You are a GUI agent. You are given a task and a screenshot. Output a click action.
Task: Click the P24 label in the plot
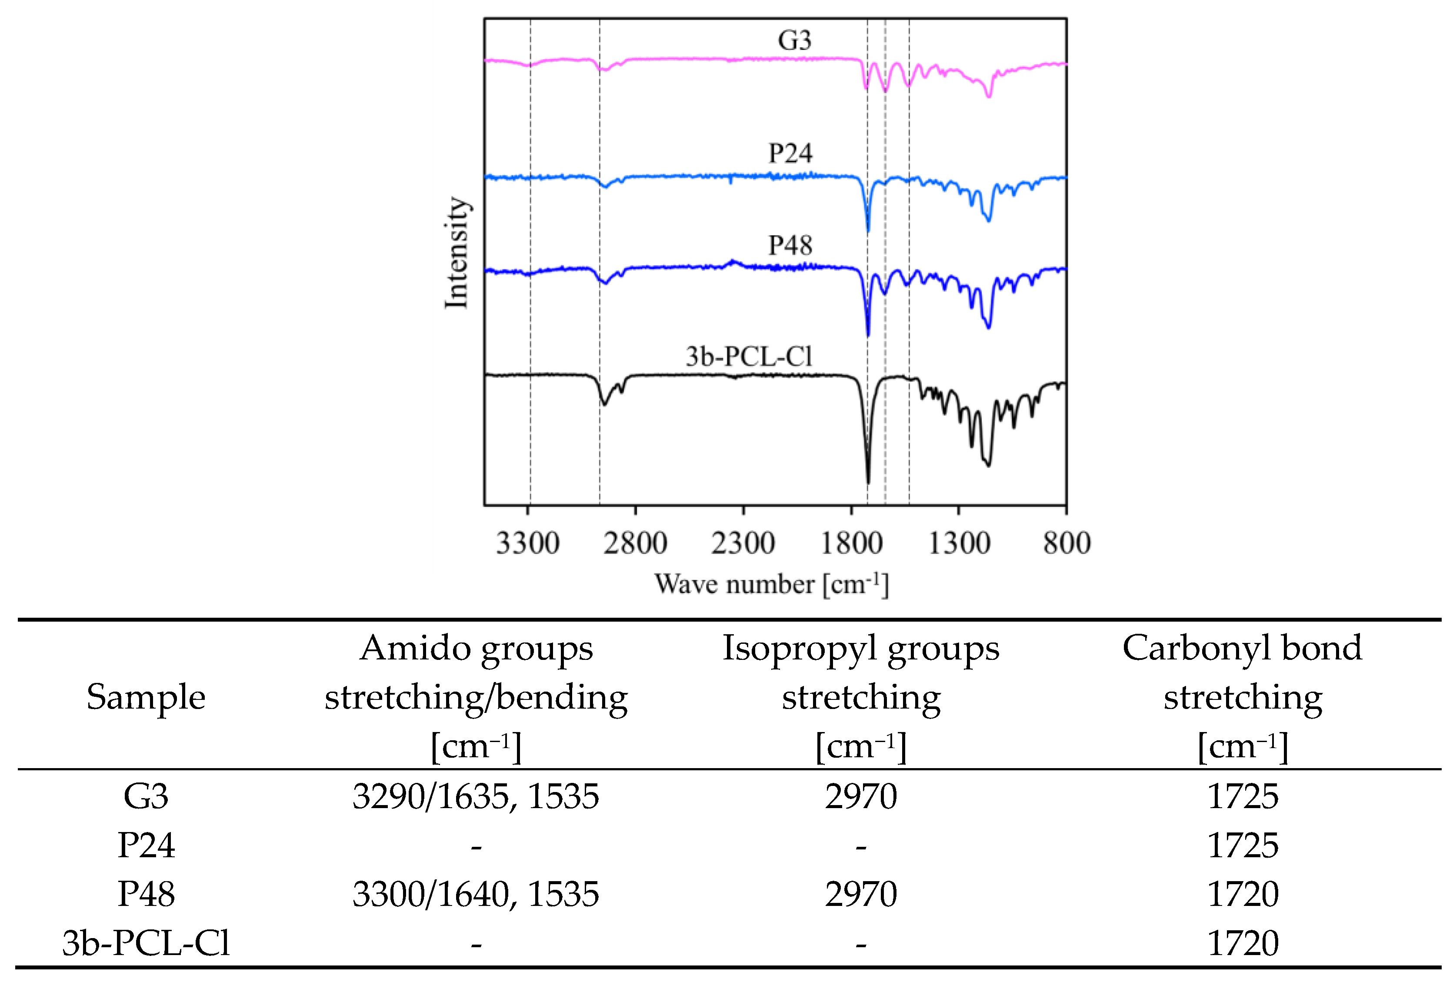(x=790, y=153)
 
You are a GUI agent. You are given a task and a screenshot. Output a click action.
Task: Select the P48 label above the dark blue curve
(x=790, y=245)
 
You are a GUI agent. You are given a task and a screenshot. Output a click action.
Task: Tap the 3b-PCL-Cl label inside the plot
(x=749, y=356)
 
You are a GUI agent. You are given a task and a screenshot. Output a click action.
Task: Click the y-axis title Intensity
(x=457, y=253)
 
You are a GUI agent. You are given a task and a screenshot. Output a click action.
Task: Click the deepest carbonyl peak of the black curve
(x=868, y=481)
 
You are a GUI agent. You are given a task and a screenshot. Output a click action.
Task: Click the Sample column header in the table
(x=146, y=697)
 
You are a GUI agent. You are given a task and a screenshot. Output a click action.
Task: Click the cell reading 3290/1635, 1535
(x=475, y=796)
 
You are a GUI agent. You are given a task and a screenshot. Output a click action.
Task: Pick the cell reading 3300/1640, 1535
(x=475, y=894)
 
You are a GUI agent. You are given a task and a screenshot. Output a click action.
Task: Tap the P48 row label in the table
(x=146, y=894)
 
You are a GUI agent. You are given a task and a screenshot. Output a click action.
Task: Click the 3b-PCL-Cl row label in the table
(x=146, y=942)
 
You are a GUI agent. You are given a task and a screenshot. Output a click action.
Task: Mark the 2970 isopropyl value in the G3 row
(x=860, y=796)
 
